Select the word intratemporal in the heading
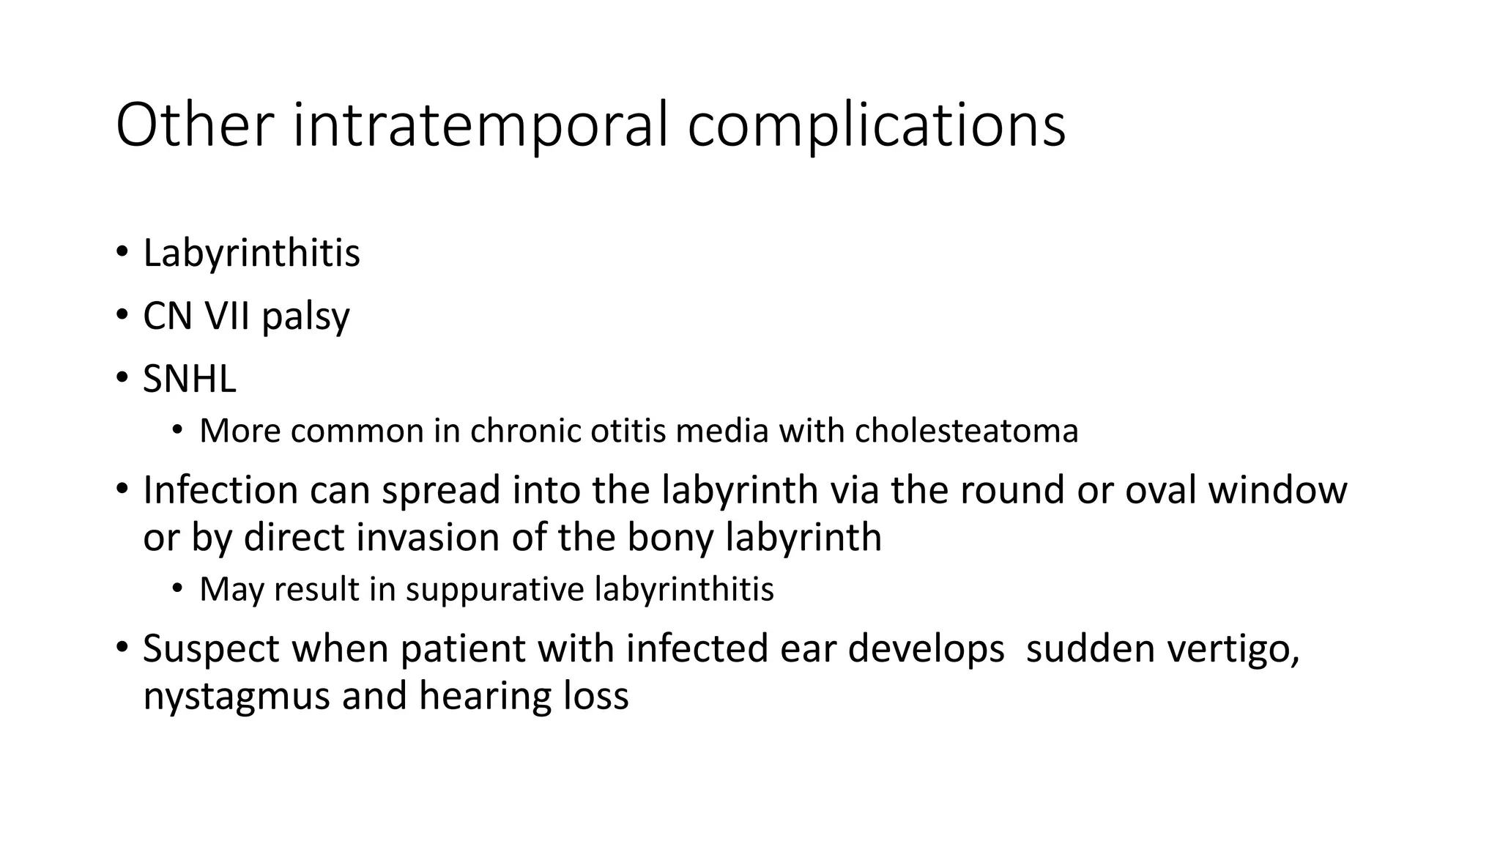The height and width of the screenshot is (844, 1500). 480,125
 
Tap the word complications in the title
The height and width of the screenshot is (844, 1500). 876,125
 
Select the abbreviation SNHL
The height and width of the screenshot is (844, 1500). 190,380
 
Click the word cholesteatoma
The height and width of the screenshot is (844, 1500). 966,431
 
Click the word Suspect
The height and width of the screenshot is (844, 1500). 211,649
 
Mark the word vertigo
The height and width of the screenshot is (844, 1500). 1240,649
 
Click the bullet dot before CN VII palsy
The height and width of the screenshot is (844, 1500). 121,315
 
